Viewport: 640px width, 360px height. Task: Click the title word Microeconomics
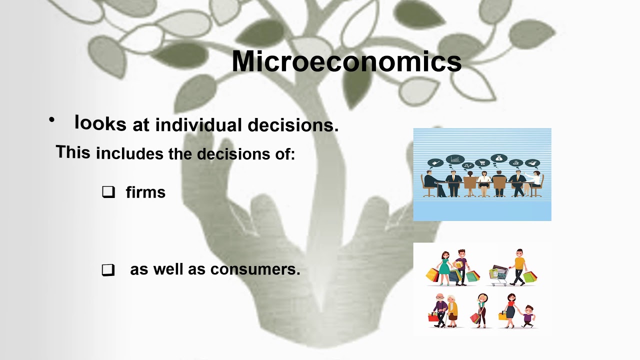click(346, 62)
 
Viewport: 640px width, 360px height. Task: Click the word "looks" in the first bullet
click(100, 122)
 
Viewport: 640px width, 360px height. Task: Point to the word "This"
click(73, 152)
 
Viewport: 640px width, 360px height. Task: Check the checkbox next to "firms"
click(108, 192)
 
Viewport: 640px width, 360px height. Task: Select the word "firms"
click(145, 192)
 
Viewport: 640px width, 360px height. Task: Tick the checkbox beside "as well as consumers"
click(108, 270)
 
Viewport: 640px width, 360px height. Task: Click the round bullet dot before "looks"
click(51, 120)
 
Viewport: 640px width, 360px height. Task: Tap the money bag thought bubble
click(498, 158)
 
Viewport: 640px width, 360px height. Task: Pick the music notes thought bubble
click(468, 165)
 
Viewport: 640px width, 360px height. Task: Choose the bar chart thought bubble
click(454, 159)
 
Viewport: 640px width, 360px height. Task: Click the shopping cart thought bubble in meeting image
click(482, 162)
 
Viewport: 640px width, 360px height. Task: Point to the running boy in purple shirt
click(527, 316)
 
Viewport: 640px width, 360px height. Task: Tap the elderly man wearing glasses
click(440, 310)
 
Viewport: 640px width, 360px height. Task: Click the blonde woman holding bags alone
click(481, 310)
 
